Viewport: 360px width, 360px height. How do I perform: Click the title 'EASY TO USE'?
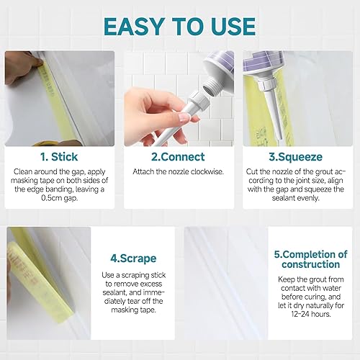pos(180,25)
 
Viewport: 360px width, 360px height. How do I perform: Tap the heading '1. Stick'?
pos(61,156)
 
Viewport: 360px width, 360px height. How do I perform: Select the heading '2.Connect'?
pos(178,156)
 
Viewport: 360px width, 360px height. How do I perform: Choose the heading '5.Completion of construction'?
pos(312,261)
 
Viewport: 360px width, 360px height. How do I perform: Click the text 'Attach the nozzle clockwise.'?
pos(178,172)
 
